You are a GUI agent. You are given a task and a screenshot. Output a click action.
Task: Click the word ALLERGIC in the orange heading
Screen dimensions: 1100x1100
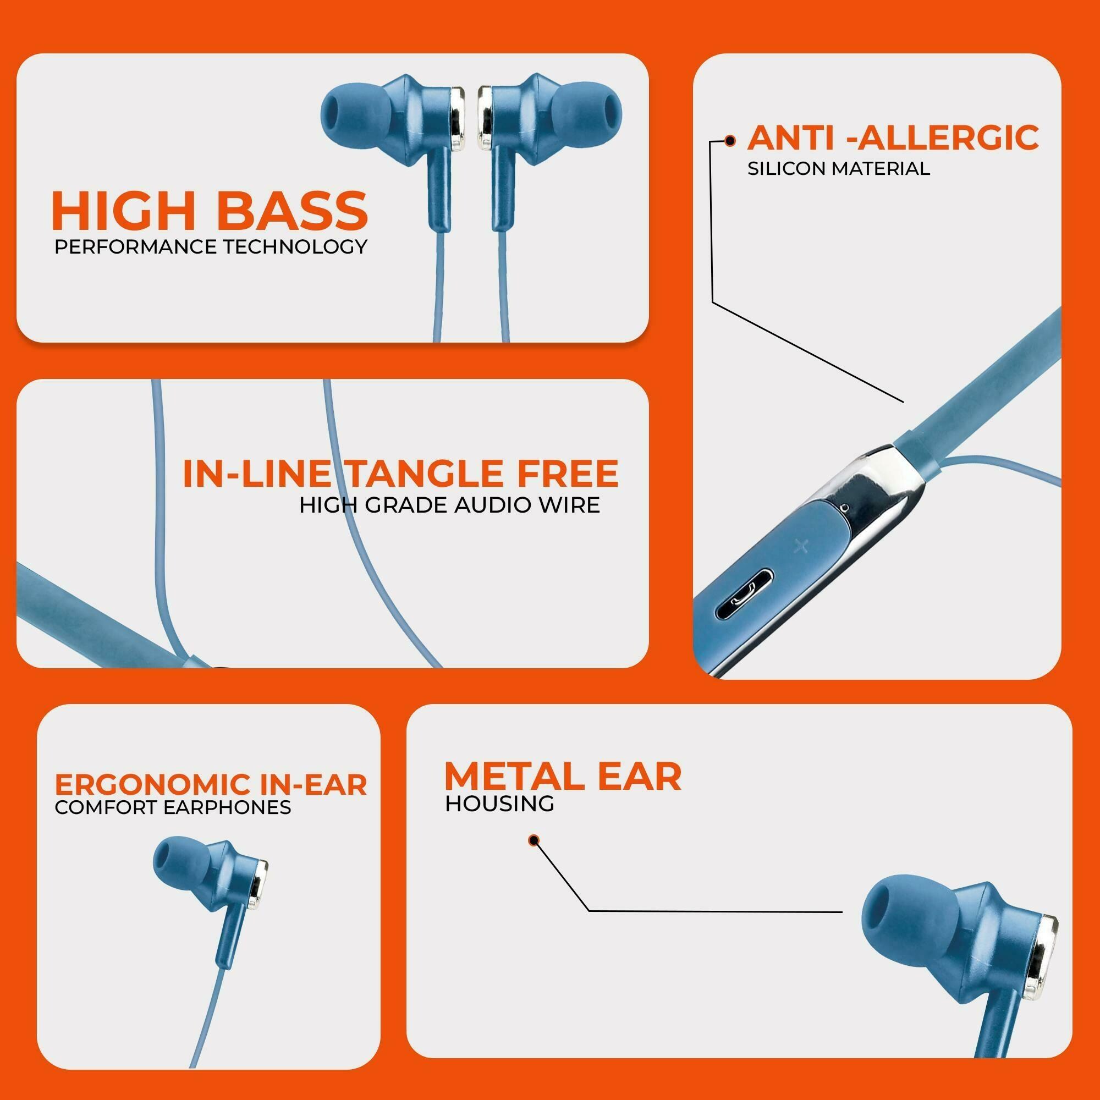(x=942, y=138)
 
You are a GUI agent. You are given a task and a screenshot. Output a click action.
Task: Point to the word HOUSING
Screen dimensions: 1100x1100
(x=499, y=804)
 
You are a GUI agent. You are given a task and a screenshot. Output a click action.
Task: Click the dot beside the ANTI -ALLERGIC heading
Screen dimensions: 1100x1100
(x=729, y=141)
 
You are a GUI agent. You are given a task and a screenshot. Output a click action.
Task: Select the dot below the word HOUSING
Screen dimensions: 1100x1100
(x=533, y=840)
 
